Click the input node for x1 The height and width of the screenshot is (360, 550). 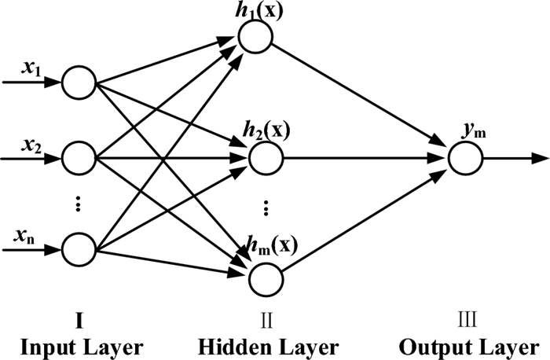tap(79, 83)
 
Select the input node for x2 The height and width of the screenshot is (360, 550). tap(79, 159)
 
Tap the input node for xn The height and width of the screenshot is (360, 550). tap(79, 250)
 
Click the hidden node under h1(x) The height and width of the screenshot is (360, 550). tap(255, 36)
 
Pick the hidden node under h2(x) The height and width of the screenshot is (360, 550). tap(266, 159)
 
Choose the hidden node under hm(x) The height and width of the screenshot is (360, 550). tap(266, 279)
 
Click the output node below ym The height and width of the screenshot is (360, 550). tap(466, 159)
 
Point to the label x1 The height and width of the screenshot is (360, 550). tap(31, 68)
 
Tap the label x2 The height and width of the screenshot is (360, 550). tap(31, 145)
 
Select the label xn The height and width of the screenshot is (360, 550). tap(24, 237)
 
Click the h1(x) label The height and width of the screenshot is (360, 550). tap(258, 10)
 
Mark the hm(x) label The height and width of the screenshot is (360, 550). tap(272, 244)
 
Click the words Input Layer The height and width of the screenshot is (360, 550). tap(82, 347)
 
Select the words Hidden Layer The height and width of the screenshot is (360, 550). tap(269, 347)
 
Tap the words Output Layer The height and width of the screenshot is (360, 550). tap(469, 347)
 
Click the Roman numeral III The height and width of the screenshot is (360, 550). tap(467, 320)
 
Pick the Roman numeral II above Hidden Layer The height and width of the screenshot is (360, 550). tap(266, 320)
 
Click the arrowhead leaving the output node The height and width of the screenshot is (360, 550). tap(541, 159)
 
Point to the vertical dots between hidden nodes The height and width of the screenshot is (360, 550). tap(266, 208)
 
